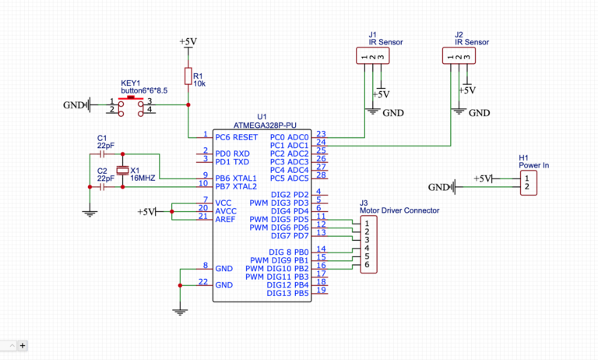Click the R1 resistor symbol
click(x=188, y=76)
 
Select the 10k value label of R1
click(x=199, y=83)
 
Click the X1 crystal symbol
click(x=121, y=171)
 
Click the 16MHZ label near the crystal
click(x=142, y=178)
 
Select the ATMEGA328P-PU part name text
click(x=266, y=125)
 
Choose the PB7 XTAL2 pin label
click(x=237, y=186)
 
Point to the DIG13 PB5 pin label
click(x=287, y=293)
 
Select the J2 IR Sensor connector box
click(x=459, y=55)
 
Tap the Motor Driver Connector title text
click(x=399, y=210)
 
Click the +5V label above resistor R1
click(x=188, y=41)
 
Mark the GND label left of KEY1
click(x=73, y=104)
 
